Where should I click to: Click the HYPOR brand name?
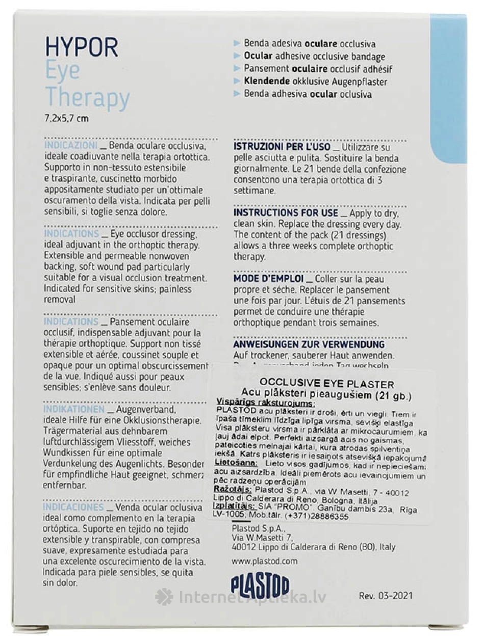point(82,47)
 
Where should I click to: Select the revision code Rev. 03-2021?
point(386,596)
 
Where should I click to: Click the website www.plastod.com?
point(264,561)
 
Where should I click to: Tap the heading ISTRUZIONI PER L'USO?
point(282,147)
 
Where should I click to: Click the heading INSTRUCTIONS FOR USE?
point(286,212)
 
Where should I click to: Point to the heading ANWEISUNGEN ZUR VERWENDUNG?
point(309,344)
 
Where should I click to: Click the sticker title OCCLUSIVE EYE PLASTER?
point(326,383)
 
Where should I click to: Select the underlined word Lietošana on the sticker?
point(234,463)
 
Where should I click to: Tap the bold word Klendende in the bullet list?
point(267,82)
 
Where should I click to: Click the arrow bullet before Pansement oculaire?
point(236,69)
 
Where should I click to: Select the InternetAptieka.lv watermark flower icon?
point(164,597)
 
